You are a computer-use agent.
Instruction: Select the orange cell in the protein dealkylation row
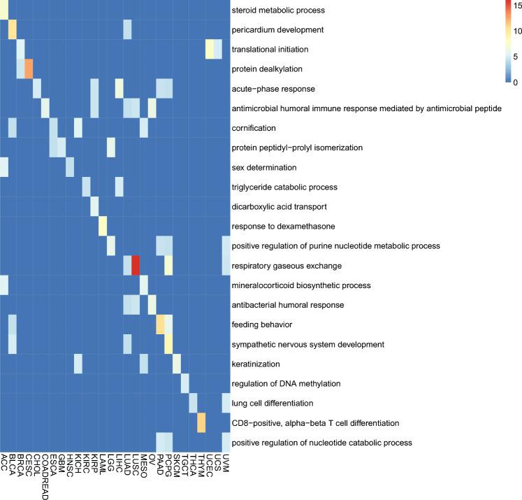point(29,70)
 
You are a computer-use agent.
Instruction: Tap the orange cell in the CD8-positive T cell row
point(201,422)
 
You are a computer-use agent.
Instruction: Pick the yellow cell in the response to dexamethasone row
point(103,227)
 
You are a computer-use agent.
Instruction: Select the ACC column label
point(4,462)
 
